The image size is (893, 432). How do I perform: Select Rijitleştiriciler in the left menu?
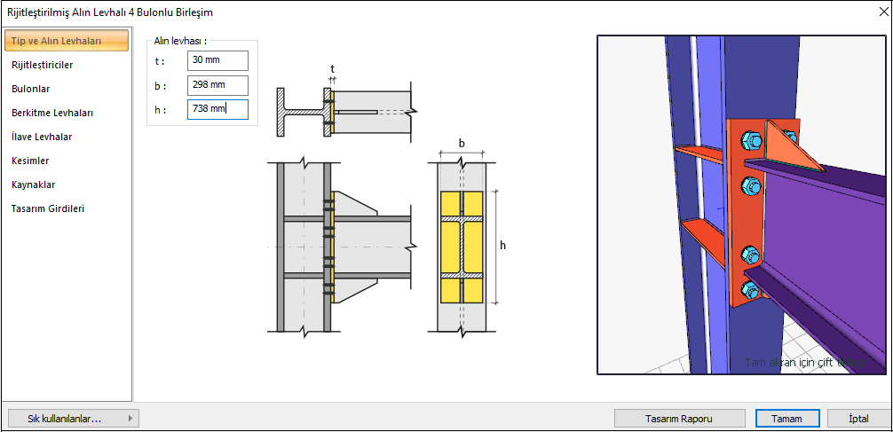tap(43, 65)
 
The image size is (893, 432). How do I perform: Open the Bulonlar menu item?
tap(30, 89)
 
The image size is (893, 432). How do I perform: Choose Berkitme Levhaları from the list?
tap(52, 113)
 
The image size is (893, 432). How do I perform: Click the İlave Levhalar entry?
tap(42, 137)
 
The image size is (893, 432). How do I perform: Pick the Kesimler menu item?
tap(30, 161)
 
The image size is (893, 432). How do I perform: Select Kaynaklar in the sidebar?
tap(34, 185)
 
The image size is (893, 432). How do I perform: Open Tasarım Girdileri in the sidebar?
tap(48, 208)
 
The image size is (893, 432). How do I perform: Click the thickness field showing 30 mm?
tap(217, 60)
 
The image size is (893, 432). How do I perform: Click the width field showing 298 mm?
tap(217, 85)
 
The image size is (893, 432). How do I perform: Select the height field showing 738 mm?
tap(217, 109)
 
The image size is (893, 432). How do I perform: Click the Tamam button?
tap(786, 418)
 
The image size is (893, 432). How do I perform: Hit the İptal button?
tap(858, 418)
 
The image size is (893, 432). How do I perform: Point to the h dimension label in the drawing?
tap(503, 245)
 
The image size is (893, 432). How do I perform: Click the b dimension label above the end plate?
tap(462, 143)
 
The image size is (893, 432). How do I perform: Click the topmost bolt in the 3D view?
tap(747, 140)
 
